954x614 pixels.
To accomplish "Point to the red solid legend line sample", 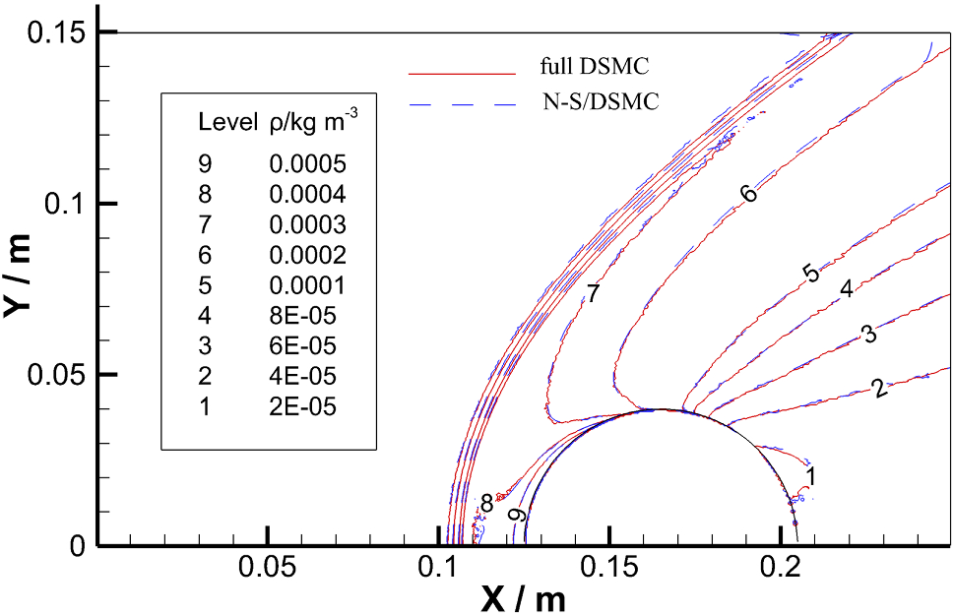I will tap(463, 73).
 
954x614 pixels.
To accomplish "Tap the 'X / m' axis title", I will tap(523, 596).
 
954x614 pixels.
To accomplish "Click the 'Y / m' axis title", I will tap(22, 278).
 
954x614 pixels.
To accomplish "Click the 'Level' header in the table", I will tap(225, 123).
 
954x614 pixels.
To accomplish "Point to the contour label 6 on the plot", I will tap(749, 194).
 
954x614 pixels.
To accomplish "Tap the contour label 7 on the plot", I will tap(593, 292).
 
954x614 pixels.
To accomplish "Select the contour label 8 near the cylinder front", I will tap(486, 504).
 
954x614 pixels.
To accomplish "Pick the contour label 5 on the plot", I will tap(811, 274).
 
